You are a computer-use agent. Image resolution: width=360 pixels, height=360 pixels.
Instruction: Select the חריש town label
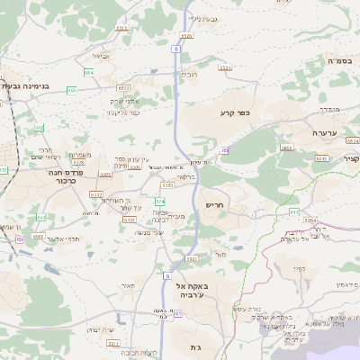214,205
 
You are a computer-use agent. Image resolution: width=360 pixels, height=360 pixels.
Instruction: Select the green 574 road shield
160,201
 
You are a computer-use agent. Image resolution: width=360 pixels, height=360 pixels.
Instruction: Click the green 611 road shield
293,211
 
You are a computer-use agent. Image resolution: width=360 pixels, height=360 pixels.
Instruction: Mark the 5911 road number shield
193,258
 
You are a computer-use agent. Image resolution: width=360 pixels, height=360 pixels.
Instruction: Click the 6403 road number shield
130,219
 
